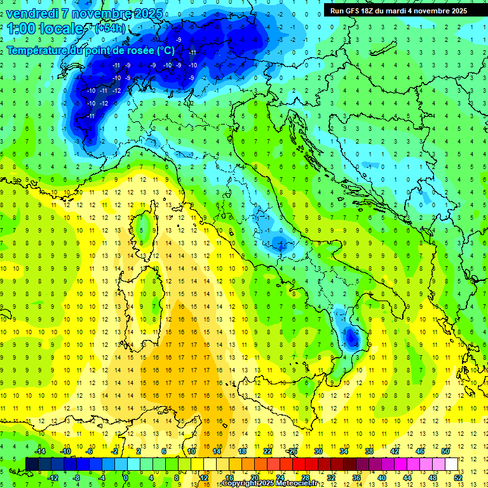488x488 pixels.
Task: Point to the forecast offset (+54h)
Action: (109, 29)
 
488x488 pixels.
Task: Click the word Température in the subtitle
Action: (38, 50)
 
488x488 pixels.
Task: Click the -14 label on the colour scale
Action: (39, 451)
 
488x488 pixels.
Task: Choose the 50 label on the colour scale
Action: (445, 451)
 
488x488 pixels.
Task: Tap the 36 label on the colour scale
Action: (356, 478)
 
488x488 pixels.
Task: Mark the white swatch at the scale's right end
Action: (452, 464)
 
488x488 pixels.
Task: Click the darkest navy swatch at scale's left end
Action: (32, 464)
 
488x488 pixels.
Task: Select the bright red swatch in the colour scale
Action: (299, 464)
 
